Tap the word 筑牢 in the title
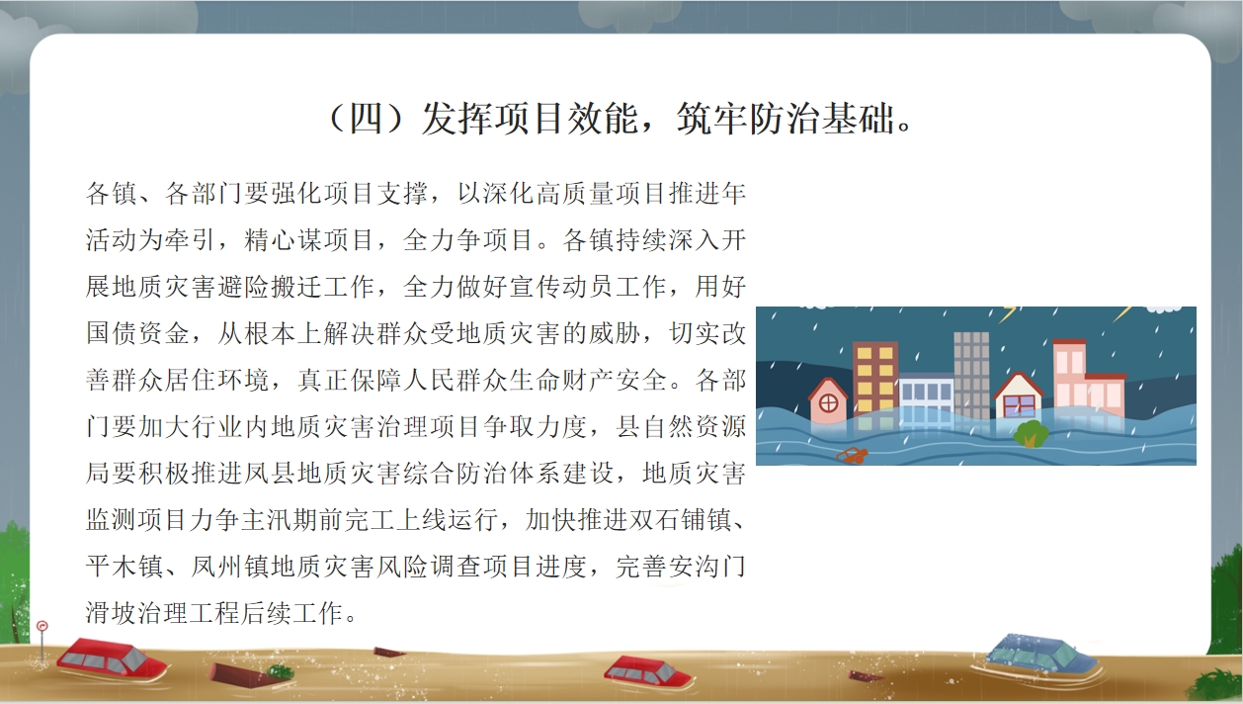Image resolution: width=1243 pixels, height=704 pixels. tap(711, 119)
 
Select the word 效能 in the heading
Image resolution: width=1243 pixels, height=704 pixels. tap(603, 119)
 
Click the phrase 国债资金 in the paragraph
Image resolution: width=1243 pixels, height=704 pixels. tap(138, 333)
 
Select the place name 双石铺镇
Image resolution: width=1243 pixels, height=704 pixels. tap(680, 520)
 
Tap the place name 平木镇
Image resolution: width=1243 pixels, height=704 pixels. tap(124, 567)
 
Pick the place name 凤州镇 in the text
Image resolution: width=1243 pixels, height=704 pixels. tap(230, 567)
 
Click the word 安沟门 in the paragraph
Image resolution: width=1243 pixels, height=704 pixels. tap(706, 567)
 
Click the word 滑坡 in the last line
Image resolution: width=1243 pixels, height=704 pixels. tap(111, 613)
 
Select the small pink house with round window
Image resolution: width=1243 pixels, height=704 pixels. tap(828, 400)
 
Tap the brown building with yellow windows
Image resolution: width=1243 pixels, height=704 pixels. tap(875, 381)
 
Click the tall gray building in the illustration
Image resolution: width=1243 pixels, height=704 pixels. tap(971, 376)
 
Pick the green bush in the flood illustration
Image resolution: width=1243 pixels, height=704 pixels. tap(1031, 434)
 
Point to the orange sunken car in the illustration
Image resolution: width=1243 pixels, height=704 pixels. tap(852, 455)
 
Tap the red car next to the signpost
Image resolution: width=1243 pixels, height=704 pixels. tap(111, 660)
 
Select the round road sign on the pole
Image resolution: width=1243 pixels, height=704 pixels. tap(42, 626)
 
